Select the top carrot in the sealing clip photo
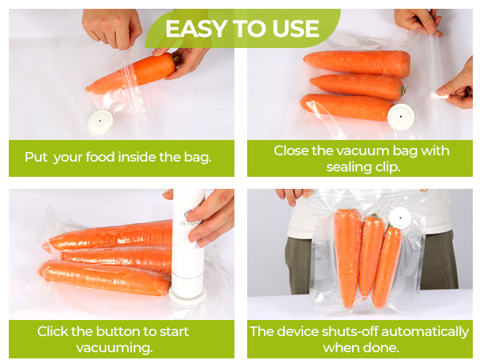[x=357, y=62]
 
